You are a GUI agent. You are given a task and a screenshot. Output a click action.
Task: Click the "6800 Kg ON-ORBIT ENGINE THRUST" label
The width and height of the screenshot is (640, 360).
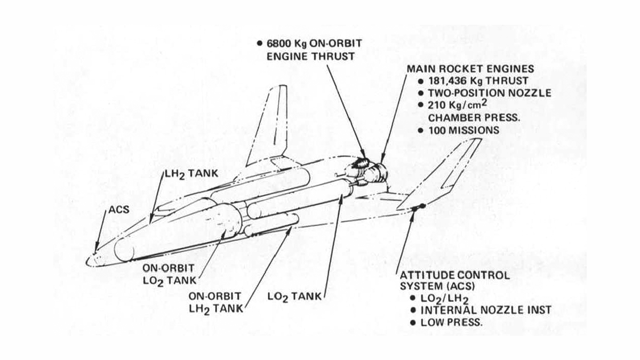(x=310, y=49)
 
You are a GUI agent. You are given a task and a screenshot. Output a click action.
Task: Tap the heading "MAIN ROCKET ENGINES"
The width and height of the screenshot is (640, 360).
(x=470, y=69)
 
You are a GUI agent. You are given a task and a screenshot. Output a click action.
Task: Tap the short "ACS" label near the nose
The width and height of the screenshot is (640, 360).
(x=119, y=210)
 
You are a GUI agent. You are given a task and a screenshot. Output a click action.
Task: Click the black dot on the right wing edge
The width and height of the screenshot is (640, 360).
(x=422, y=206)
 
